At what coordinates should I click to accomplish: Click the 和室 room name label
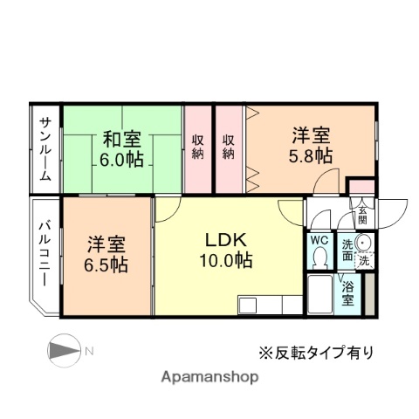coord(123,138)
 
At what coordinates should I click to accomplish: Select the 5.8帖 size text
coord(311,155)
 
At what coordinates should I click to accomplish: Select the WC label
coord(319,237)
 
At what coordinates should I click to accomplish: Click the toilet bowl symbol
coord(319,258)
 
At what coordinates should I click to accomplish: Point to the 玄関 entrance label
coord(361,213)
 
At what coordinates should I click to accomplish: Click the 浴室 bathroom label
coord(347,293)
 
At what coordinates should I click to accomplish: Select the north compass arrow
coord(64,351)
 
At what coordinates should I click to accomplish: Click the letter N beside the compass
coord(90,351)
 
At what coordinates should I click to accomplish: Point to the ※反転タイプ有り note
coord(313,353)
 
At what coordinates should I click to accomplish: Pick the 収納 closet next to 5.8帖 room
coord(228,147)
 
